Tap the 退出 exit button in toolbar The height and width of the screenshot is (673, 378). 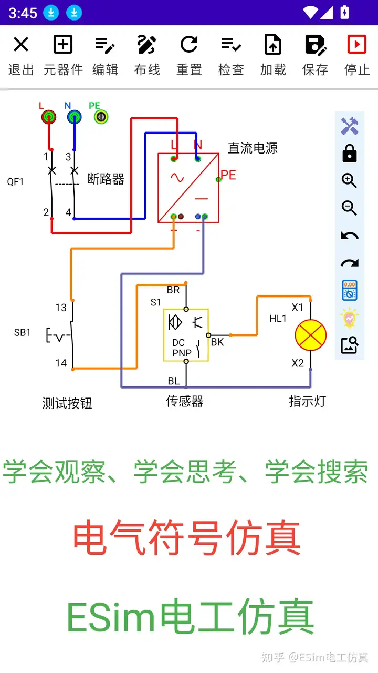pyautogui.click(x=21, y=55)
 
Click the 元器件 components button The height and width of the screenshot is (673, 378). pyautogui.click(x=63, y=55)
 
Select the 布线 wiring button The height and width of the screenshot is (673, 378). pyautogui.click(x=147, y=55)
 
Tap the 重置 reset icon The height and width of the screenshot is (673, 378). pyautogui.click(x=189, y=55)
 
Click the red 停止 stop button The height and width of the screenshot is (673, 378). pyautogui.click(x=357, y=55)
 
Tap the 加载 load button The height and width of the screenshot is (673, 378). pyautogui.click(x=273, y=55)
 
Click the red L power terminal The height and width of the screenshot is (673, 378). pyautogui.click(x=48, y=117)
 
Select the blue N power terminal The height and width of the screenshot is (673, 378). pyautogui.click(x=74, y=117)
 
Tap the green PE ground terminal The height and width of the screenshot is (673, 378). pyautogui.click(x=101, y=117)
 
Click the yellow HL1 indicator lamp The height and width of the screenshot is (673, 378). pyautogui.click(x=310, y=335)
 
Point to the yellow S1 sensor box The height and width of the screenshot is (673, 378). pyautogui.click(x=186, y=335)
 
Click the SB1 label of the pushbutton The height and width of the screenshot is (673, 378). pyautogui.click(x=22, y=333)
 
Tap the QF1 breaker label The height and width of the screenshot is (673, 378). pyautogui.click(x=15, y=182)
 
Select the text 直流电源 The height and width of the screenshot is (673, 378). pyautogui.click(x=253, y=148)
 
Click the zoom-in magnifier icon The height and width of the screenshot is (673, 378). pyautogui.click(x=349, y=180)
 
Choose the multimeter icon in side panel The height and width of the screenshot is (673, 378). pyautogui.click(x=349, y=290)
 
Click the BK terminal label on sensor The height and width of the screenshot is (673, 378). pyautogui.click(x=217, y=342)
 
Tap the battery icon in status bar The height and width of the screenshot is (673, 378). pyautogui.click(x=345, y=12)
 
